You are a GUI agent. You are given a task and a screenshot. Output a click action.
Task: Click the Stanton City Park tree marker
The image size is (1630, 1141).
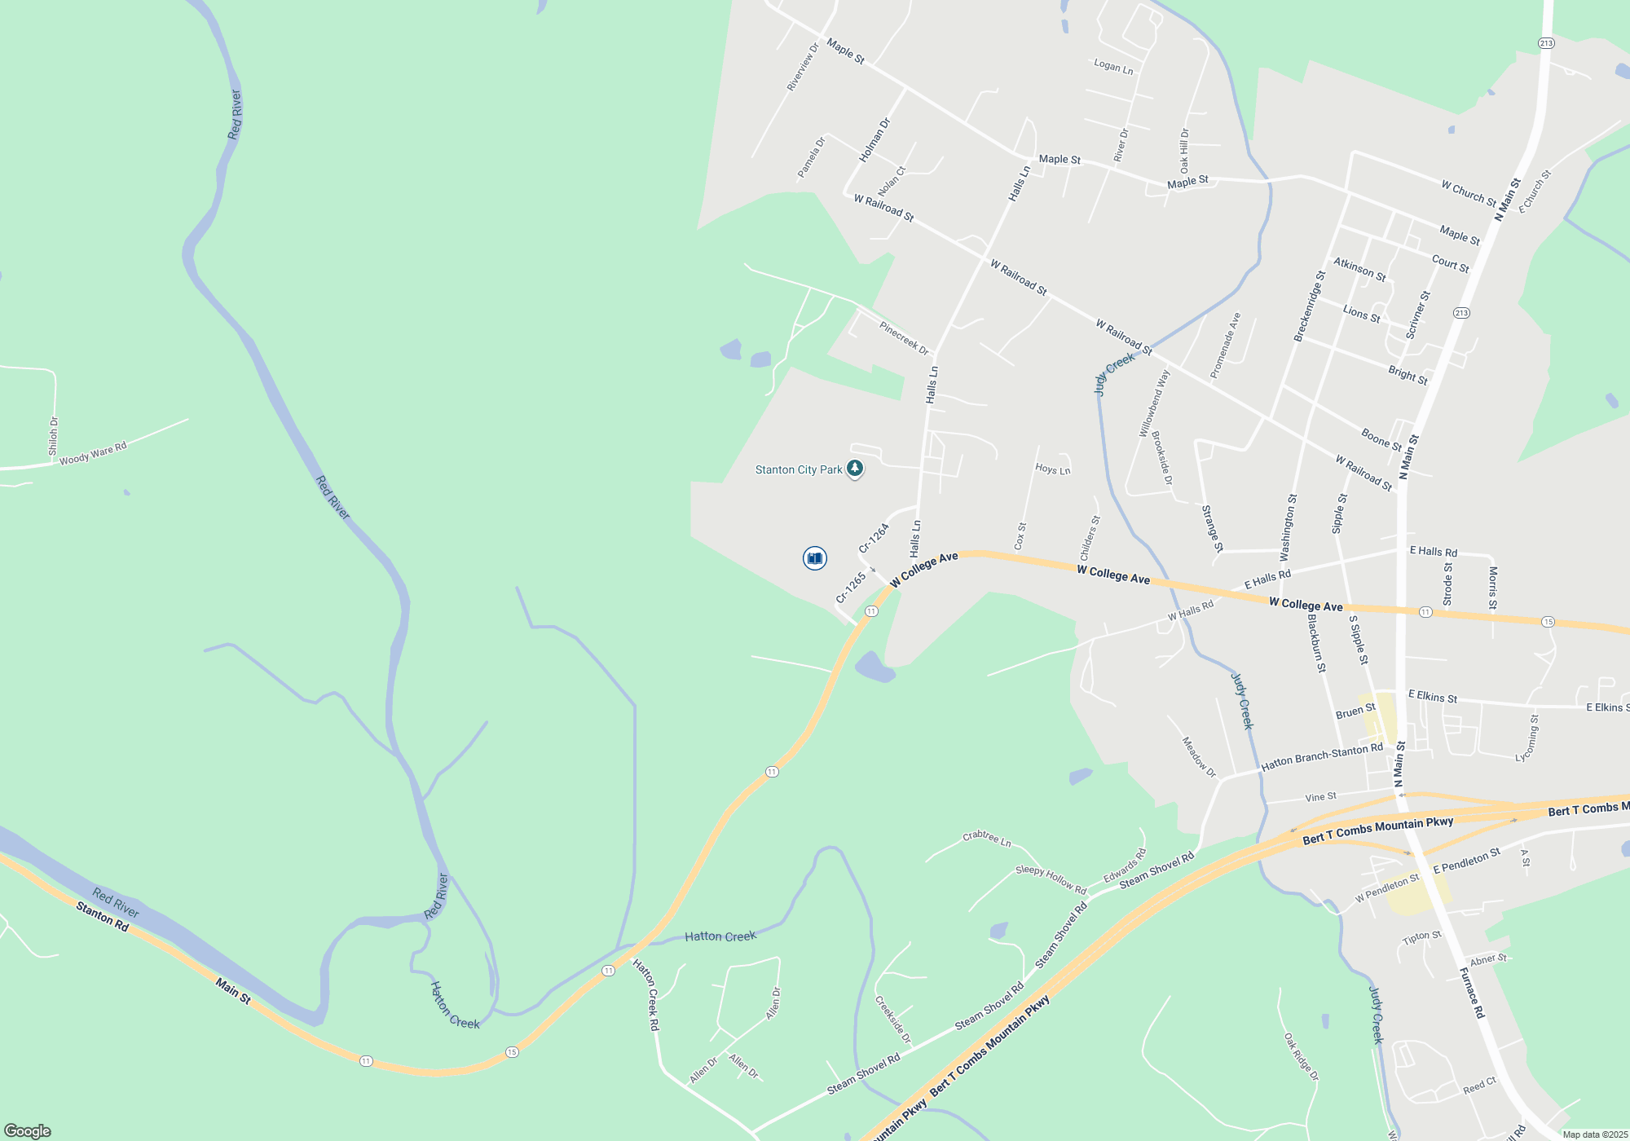[854, 469]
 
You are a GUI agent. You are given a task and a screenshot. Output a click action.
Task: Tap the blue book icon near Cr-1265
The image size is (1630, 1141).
[814, 558]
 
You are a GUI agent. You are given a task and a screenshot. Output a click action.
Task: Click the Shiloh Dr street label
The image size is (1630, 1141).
[54, 436]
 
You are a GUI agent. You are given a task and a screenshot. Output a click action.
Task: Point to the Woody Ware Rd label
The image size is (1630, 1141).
[93, 454]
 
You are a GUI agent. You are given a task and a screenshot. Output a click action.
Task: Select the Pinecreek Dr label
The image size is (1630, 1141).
[904, 338]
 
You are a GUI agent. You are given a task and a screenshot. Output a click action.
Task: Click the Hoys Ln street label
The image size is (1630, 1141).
[1052, 469]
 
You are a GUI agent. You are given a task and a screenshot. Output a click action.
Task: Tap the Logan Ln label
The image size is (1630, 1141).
[1113, 66]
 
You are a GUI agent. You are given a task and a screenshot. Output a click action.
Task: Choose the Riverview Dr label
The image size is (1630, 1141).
[802, 67]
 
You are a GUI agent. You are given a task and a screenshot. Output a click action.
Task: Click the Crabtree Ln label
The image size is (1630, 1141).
[986, 838]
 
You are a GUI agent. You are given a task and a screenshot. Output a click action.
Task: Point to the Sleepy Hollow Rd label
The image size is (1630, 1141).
[1051, 880]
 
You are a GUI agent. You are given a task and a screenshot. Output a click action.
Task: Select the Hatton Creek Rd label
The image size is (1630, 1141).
[646, 995]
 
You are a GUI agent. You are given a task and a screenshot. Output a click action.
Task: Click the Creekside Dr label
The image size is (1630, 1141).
[893, 1020]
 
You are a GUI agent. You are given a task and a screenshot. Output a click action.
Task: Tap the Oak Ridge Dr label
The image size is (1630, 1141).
[1301, 1057]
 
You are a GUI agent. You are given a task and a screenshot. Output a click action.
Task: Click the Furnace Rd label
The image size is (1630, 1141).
[1472, 993]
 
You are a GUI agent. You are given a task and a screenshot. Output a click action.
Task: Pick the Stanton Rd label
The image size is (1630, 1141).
[103, 917]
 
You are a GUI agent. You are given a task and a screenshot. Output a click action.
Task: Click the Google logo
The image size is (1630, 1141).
[28, 1131]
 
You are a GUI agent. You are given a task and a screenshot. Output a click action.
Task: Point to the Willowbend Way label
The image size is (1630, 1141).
[1154, 403]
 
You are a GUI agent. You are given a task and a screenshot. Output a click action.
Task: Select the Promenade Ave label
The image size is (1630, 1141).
[1225, 346]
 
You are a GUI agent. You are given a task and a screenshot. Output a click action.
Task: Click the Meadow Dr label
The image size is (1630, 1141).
[1199, 757]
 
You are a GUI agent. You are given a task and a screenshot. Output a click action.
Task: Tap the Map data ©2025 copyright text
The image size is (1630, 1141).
[1595, 1134]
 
